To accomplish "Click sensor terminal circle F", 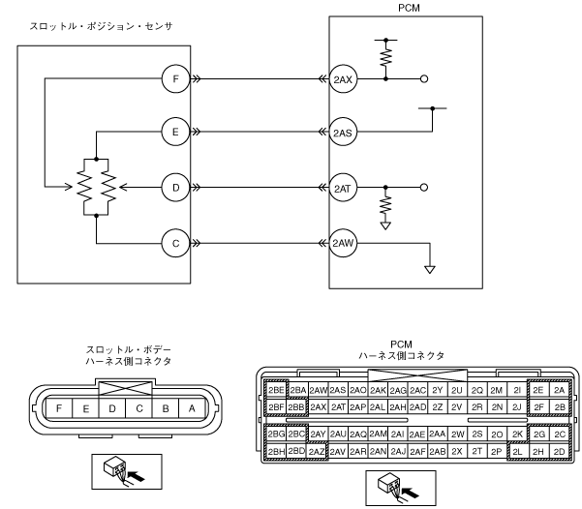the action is (176, 79).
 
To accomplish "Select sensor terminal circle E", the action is (176, 132).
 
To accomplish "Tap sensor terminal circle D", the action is (176, 188).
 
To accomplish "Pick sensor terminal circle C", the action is (176, 243).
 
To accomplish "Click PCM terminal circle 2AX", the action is (343, 79).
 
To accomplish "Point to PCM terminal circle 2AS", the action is (343, 132).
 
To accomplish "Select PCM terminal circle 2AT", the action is (343, 188).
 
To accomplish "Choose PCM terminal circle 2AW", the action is (343, 243).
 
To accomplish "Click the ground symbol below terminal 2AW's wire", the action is (430, 270).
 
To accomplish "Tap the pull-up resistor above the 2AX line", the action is (386, 57).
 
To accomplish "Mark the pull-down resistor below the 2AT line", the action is (385, 205).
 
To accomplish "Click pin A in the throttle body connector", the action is (192, 408).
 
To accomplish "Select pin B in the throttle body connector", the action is (166, 408).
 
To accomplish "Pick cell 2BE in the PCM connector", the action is (276, 390).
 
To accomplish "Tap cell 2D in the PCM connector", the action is (559, 452).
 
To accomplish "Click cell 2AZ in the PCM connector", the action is (317, 452).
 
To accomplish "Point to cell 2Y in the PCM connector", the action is (438, 390).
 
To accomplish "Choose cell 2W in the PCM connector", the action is (458, 434).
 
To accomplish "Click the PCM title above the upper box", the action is (409, 8).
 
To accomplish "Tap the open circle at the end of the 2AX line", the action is (424, 79).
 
